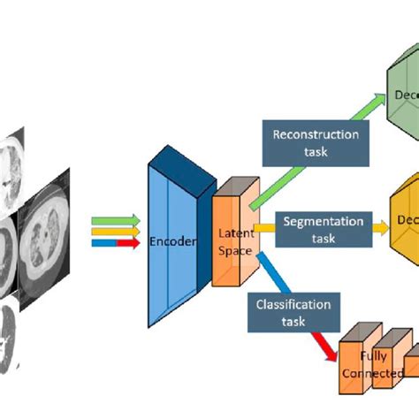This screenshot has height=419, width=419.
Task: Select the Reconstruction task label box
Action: (316, 143)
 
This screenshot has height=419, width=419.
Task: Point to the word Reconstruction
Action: (316, 135)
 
